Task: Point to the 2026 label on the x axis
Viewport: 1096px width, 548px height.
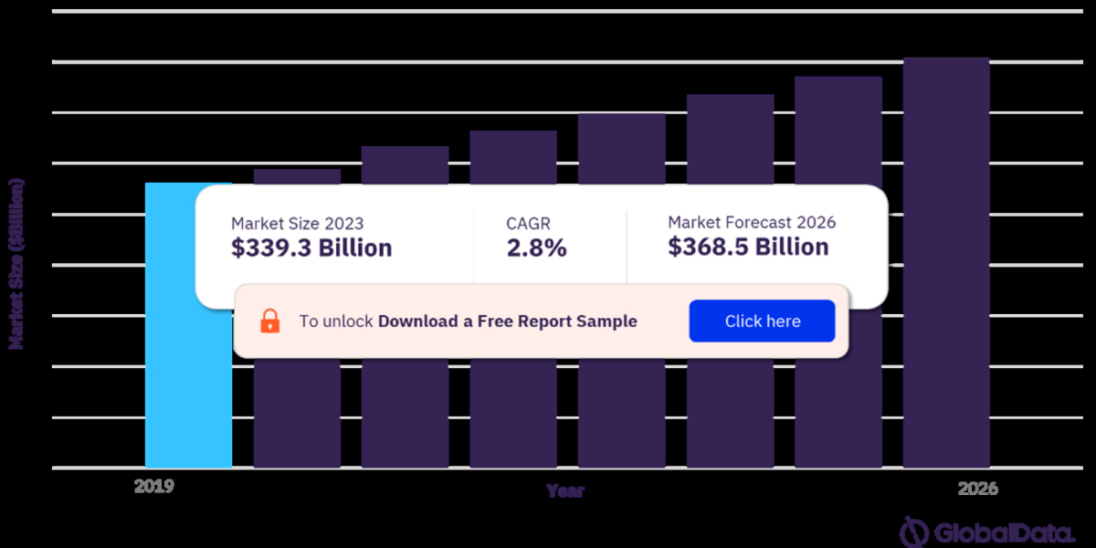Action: coord(978,490)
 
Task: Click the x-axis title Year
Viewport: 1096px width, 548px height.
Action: coord(565,491)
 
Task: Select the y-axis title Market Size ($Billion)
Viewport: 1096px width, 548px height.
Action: coord(16,264)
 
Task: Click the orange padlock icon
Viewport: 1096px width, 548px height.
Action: coord(270,321)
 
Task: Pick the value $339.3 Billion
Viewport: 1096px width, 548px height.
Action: coord(311,248)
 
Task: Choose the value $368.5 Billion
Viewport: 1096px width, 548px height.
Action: coord(748,248)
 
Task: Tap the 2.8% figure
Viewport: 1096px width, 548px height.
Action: coord(537,248)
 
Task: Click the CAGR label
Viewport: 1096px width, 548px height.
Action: coord(529,223)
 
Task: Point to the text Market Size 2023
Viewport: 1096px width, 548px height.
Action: coord(297,223)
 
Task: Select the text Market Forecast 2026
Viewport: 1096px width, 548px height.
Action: coord(752,222)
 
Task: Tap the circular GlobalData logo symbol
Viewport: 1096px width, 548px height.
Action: coord(914,532)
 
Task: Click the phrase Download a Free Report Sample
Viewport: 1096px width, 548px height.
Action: coord(508,321)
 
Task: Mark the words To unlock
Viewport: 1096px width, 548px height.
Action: coord(336,321)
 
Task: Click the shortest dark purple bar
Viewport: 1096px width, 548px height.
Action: coord(297,402)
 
